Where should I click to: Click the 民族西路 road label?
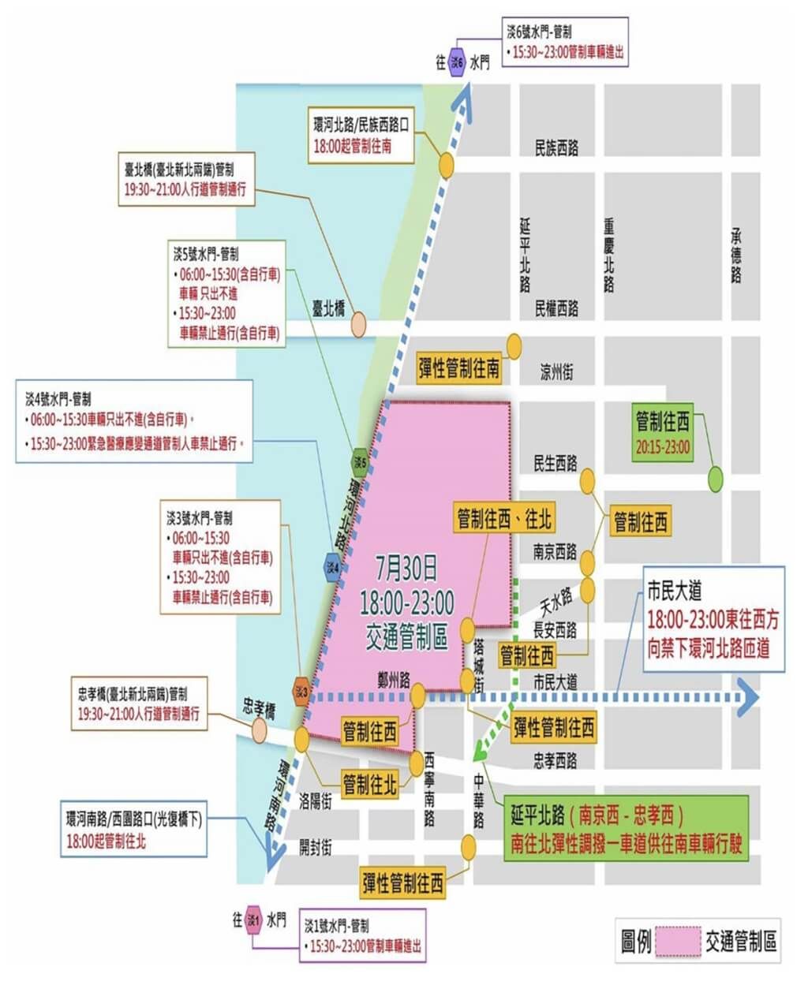tap(556, 147)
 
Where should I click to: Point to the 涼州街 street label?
tap(556, 372)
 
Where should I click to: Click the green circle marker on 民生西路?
tap(715, 478)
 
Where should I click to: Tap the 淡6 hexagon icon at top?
tap(456, 62)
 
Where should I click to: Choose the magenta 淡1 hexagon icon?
tap(253, 920)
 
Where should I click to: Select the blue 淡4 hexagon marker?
tap(333, 567)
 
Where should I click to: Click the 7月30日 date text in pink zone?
tap(406, 567)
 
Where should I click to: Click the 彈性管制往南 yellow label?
tap(459, 368)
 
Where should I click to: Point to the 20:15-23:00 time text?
tap(663, 447)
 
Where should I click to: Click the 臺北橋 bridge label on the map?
tap(328, 308)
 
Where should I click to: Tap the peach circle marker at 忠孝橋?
tap(260, 731)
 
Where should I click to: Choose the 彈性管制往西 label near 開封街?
tap(402, 883)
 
